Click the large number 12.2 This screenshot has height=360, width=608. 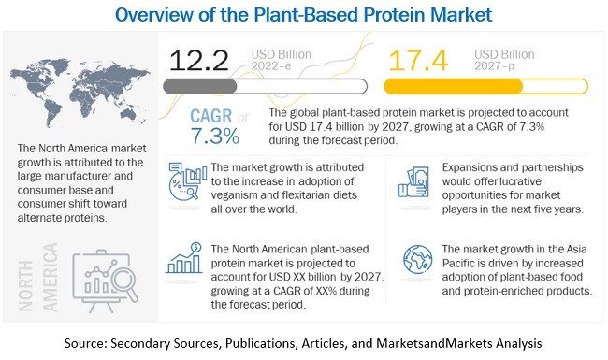(x=199, y=60)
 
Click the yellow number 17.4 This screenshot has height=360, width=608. (x=418, y=60)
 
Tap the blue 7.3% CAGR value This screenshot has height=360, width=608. (x=215, y=136)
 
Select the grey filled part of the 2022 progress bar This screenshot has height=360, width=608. (x=199, y=86)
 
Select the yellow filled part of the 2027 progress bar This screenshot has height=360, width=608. (x=453, y=86)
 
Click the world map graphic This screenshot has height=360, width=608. (x=80, y=93)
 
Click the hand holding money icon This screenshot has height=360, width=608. (x=413, y=182)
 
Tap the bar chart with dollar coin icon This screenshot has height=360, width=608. (x=184, y=258)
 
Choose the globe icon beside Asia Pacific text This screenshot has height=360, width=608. (x=417, y=259)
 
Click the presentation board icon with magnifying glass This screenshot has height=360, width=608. (x=105, y=281)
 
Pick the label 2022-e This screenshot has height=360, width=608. (x=271, y=65)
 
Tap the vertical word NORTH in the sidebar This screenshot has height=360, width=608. (x=26, y=285)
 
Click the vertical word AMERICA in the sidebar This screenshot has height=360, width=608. (x=51, y=277)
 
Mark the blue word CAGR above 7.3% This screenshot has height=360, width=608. (x=211, y=116)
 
